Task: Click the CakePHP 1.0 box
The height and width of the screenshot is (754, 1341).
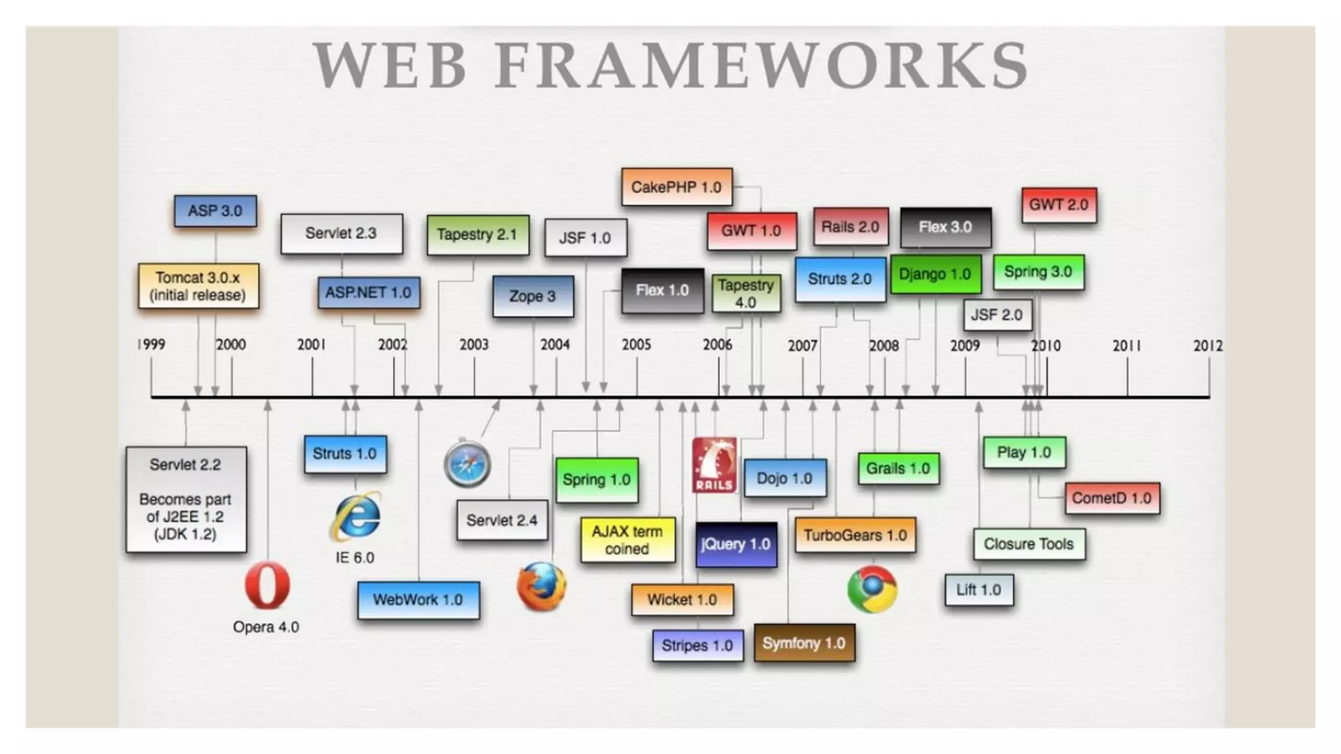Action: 676,187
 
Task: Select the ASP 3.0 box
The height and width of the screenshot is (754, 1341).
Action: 215,211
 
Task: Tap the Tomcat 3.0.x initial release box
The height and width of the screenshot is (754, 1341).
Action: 198,286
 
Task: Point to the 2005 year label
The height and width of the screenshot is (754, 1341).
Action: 636,344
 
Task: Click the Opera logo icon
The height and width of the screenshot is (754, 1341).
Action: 267,584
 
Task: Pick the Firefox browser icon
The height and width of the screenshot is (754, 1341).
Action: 542,586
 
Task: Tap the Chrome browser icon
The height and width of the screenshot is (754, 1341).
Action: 872,589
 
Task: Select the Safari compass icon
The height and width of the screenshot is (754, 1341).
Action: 467,464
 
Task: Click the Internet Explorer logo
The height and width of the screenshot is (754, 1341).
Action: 356,516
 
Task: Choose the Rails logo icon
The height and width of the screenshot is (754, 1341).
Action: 714,465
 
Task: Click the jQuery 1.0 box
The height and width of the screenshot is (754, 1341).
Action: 736,544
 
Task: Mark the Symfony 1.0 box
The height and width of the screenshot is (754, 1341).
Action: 804,643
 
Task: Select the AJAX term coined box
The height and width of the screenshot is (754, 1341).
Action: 627,540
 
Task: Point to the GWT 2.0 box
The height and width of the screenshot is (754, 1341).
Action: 1059,205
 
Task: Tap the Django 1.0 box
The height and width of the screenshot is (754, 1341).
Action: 935,274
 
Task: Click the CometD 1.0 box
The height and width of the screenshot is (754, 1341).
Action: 1111,498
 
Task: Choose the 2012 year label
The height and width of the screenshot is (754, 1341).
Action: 1207,346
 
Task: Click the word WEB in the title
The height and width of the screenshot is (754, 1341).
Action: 390,65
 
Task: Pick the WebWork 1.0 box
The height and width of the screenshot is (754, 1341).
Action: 418,600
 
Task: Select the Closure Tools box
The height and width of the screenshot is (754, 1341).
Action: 1029,544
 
